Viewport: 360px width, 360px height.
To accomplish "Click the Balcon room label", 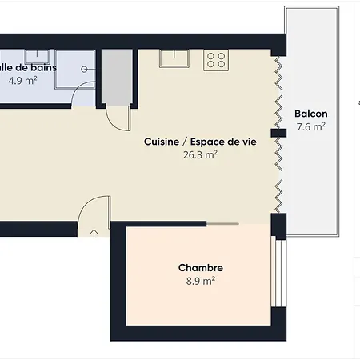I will [310, 114].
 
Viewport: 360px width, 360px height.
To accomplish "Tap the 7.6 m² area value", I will [310, 127].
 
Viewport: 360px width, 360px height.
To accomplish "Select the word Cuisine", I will [161, 142].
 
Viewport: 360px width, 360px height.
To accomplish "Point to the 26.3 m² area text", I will [200, 155].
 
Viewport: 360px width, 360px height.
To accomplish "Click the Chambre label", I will [200, 268].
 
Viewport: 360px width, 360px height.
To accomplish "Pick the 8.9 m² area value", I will [200, 281].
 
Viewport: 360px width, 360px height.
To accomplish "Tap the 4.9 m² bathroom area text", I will [22, 81].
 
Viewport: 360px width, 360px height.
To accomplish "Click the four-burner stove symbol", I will [215, 59].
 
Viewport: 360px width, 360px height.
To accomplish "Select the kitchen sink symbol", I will [173, 58].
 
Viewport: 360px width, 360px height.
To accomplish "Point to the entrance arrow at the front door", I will [94, 234].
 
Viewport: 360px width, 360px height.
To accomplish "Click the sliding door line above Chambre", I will [222, 223].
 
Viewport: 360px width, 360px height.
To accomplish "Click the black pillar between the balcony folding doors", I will [278, 133].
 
